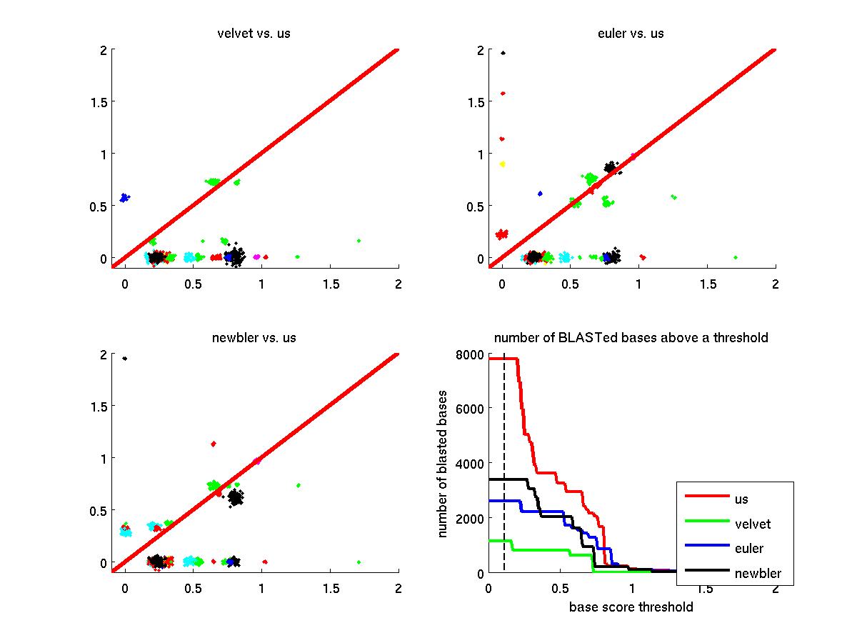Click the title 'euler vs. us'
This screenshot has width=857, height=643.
coord(631,34)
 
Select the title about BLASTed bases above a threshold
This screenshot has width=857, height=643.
coord(631,337)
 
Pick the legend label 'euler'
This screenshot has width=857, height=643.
coord(748,549)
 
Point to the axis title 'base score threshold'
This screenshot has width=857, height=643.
coord(631,607)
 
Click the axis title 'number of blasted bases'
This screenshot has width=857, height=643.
coord(443,464)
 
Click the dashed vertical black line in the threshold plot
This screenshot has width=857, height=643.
coord(504,464)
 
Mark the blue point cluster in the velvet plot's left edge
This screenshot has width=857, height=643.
coord(124,197)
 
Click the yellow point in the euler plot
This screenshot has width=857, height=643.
coord(502,164)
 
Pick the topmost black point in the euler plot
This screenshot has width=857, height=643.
coord(503,53)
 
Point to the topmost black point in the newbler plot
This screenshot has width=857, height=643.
coord(125,359)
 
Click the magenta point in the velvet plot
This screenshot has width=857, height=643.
coord(256,256)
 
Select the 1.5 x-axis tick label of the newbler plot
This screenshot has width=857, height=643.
coord(329,589)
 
